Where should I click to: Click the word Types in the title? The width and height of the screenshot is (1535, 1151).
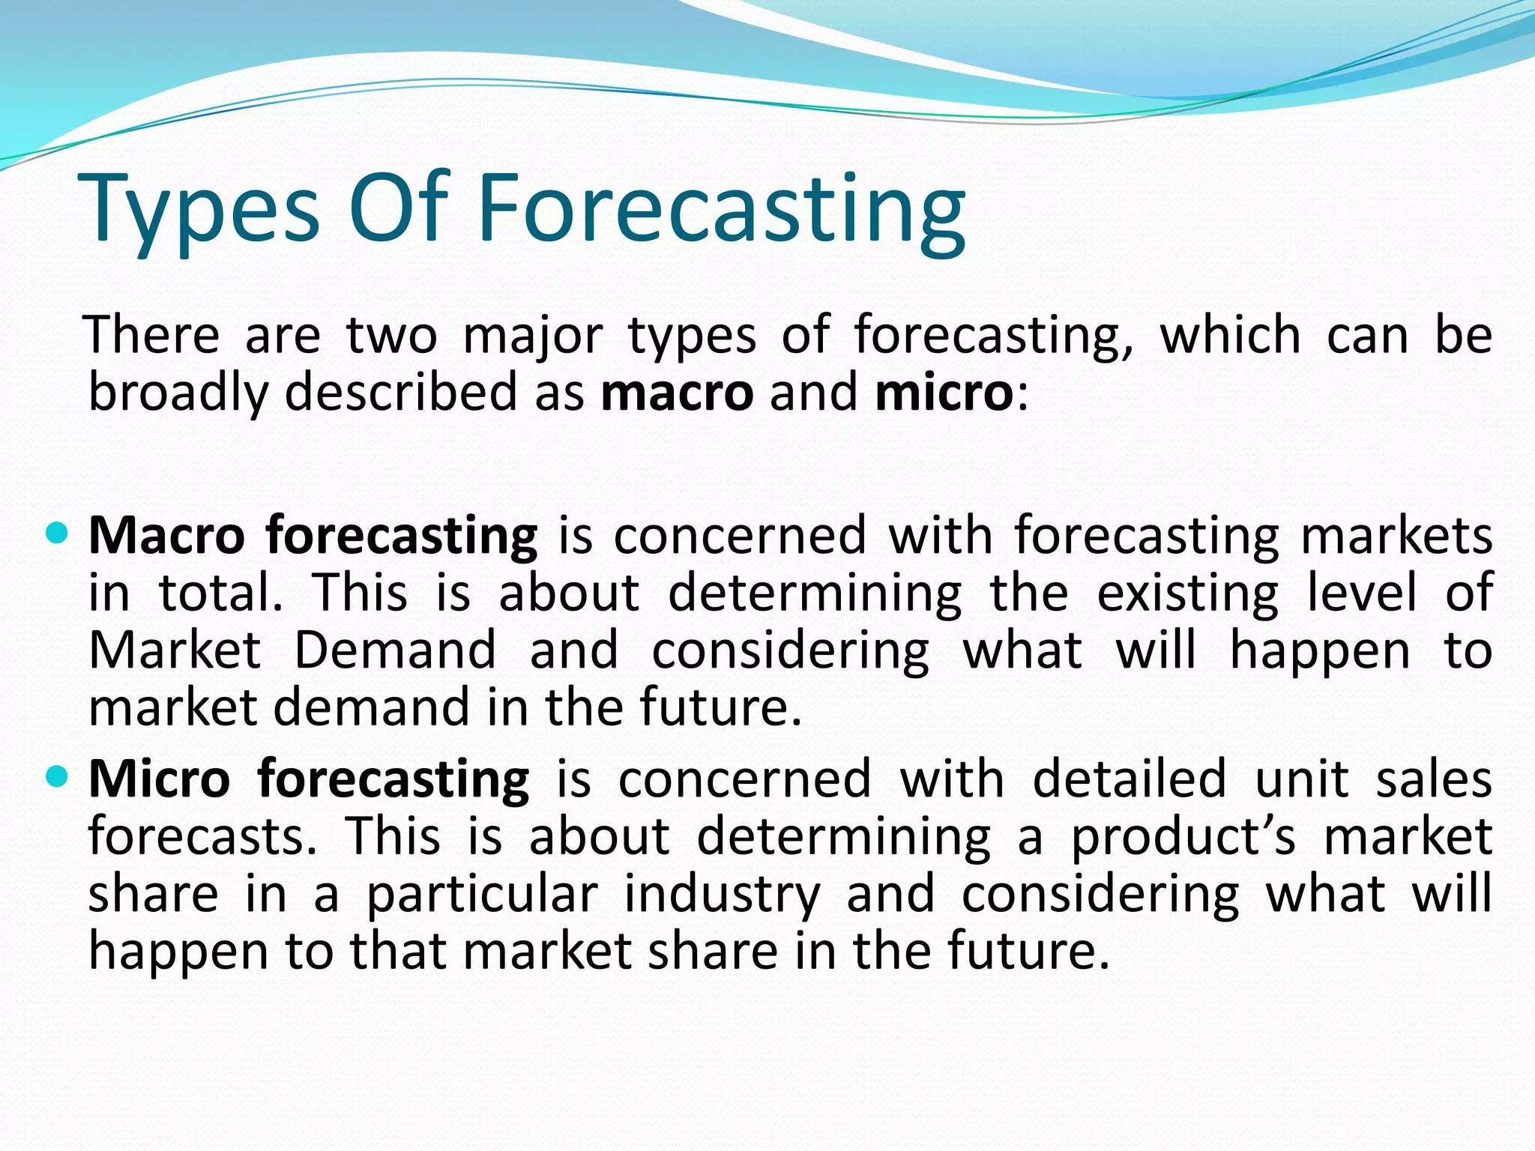coord(202,210)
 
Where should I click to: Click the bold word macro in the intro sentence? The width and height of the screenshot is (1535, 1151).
coord(677,393)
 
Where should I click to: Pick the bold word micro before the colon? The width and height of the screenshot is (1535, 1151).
coord(944,393)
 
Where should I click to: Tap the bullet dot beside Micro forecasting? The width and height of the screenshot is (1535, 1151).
coord(57,775)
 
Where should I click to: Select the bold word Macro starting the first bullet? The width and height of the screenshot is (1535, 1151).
coord(166,535)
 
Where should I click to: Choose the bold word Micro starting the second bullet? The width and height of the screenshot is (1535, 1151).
coord(159,779)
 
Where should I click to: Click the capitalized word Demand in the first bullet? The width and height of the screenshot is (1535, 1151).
coord(395,650)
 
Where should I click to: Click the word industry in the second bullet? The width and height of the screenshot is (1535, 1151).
coord(723,895)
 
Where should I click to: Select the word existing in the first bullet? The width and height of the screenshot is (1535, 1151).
coord(1188,594)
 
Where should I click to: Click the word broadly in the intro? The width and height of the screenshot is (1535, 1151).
coord(178,394)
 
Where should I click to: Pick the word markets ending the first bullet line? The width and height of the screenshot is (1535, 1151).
coord(1396,537)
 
